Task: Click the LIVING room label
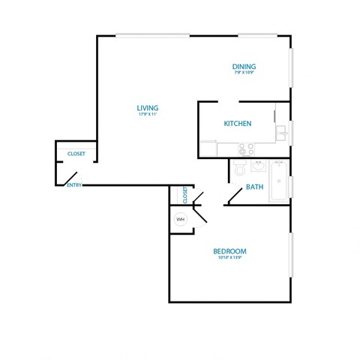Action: [x=147, y=106]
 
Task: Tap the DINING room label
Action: [x=244, y=67]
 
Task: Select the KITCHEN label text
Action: [x=237, y=123]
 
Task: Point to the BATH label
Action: [x=254, y=187]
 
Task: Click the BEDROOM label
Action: [x=229, y=250]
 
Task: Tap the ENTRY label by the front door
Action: [x=73, y=184]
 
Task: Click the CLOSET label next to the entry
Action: [x=76, y=154]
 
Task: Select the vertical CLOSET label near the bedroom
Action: [x=184, y=196]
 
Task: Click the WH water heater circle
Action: [x=180, y=219]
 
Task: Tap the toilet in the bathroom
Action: [x=240, y=169]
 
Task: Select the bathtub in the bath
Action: [x=279, y=181]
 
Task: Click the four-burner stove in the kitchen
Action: [x=241, y=149]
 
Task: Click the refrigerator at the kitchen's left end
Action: [x=208, y=148]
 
